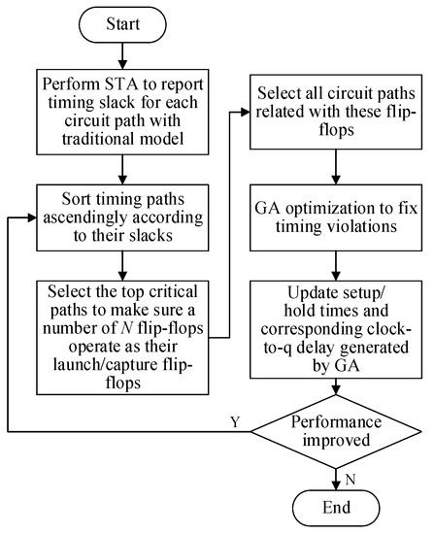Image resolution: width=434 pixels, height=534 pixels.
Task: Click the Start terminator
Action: click(122, 24)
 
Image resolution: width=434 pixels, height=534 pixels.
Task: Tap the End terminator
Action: click(336, 508)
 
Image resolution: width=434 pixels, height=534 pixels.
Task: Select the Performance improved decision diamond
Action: click(336, 431)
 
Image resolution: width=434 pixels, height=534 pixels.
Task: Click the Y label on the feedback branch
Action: click(235, 421)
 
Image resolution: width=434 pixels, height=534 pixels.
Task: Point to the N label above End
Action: click(351, 480)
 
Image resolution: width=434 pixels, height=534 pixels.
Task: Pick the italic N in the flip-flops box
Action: click(125, 328)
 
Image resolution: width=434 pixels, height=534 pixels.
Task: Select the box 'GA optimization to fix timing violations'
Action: click(336, 217)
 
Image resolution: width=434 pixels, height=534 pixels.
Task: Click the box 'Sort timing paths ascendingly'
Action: click(122, 217)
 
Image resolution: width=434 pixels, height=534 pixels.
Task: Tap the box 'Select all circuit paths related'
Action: click(336, 112)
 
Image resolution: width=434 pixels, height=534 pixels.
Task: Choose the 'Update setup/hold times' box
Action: click(336, 330)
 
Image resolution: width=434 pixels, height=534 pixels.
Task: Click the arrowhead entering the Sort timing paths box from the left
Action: click(32, 217)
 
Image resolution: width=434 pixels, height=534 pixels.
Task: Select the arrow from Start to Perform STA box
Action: click(122, 56)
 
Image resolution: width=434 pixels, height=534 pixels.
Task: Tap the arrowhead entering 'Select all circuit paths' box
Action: click(246, 112)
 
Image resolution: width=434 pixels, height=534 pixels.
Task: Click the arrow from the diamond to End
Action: click(336, 480)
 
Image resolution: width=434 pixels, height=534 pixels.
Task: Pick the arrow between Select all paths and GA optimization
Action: click(336, 167)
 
